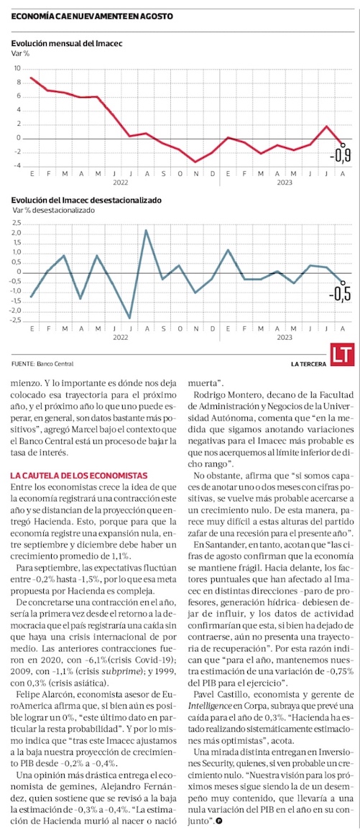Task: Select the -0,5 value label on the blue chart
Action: click(x=340, y=295)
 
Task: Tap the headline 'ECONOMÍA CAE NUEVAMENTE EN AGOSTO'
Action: click(x=92, y=17)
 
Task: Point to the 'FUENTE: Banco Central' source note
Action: click(x=42, y=364)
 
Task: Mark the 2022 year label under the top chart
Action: click(x=121, y=182)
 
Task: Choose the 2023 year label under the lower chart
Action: click(x=284, y=338)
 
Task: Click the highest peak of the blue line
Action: click(x=146, y=230)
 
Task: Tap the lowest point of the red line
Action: click(x=196, y=162)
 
